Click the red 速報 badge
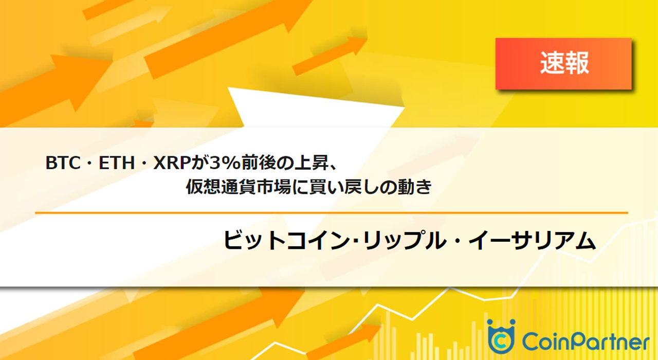563,64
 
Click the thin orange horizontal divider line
332,212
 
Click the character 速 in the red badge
551,64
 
